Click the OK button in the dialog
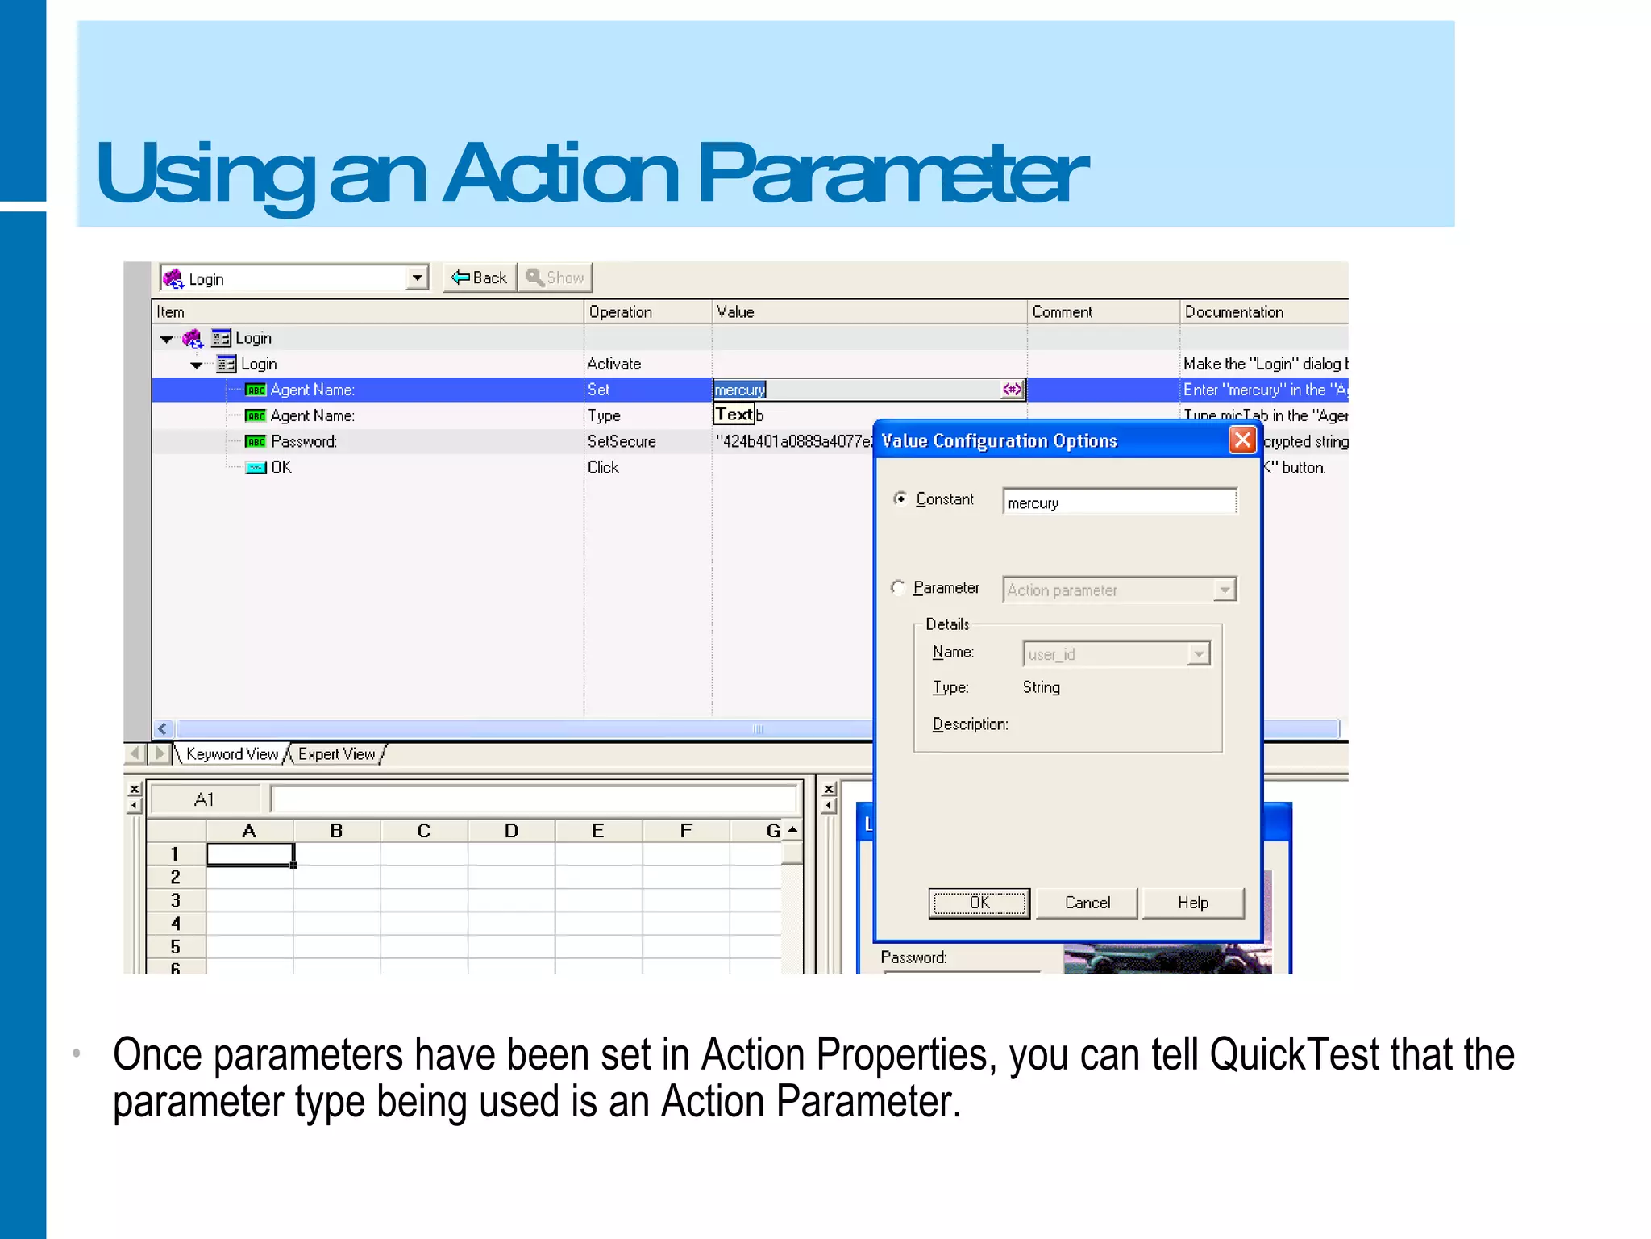(x=979, y=903)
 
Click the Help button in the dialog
(x=1192, y=903)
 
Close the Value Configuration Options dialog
(x=1242, y=440)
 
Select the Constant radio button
(x=900, y=499)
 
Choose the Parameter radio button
(x=898, y=587)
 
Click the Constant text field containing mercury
(x=1119, y=503)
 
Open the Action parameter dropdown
(x=1225, y=590)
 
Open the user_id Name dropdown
(x=1199, y=653)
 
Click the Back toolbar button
(x=480, y=277)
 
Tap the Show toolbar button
(x=555, y=277)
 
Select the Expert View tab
(x=336, y=754)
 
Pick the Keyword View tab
(x=231, y=754)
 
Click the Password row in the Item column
(x=303, y=442)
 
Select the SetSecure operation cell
(x=622, y=442)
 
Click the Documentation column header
(x=1233, y=312)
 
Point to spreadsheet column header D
(x=511, y=831)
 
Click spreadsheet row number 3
(x=175, y=900)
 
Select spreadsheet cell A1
(x=250, y=854)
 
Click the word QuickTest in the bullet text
(x=1295, y=1054)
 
